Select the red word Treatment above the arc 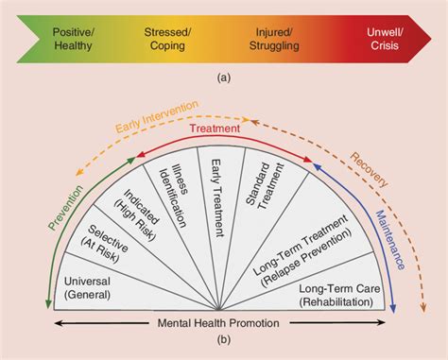tap(224, 128)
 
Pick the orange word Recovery tap(371, 167)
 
